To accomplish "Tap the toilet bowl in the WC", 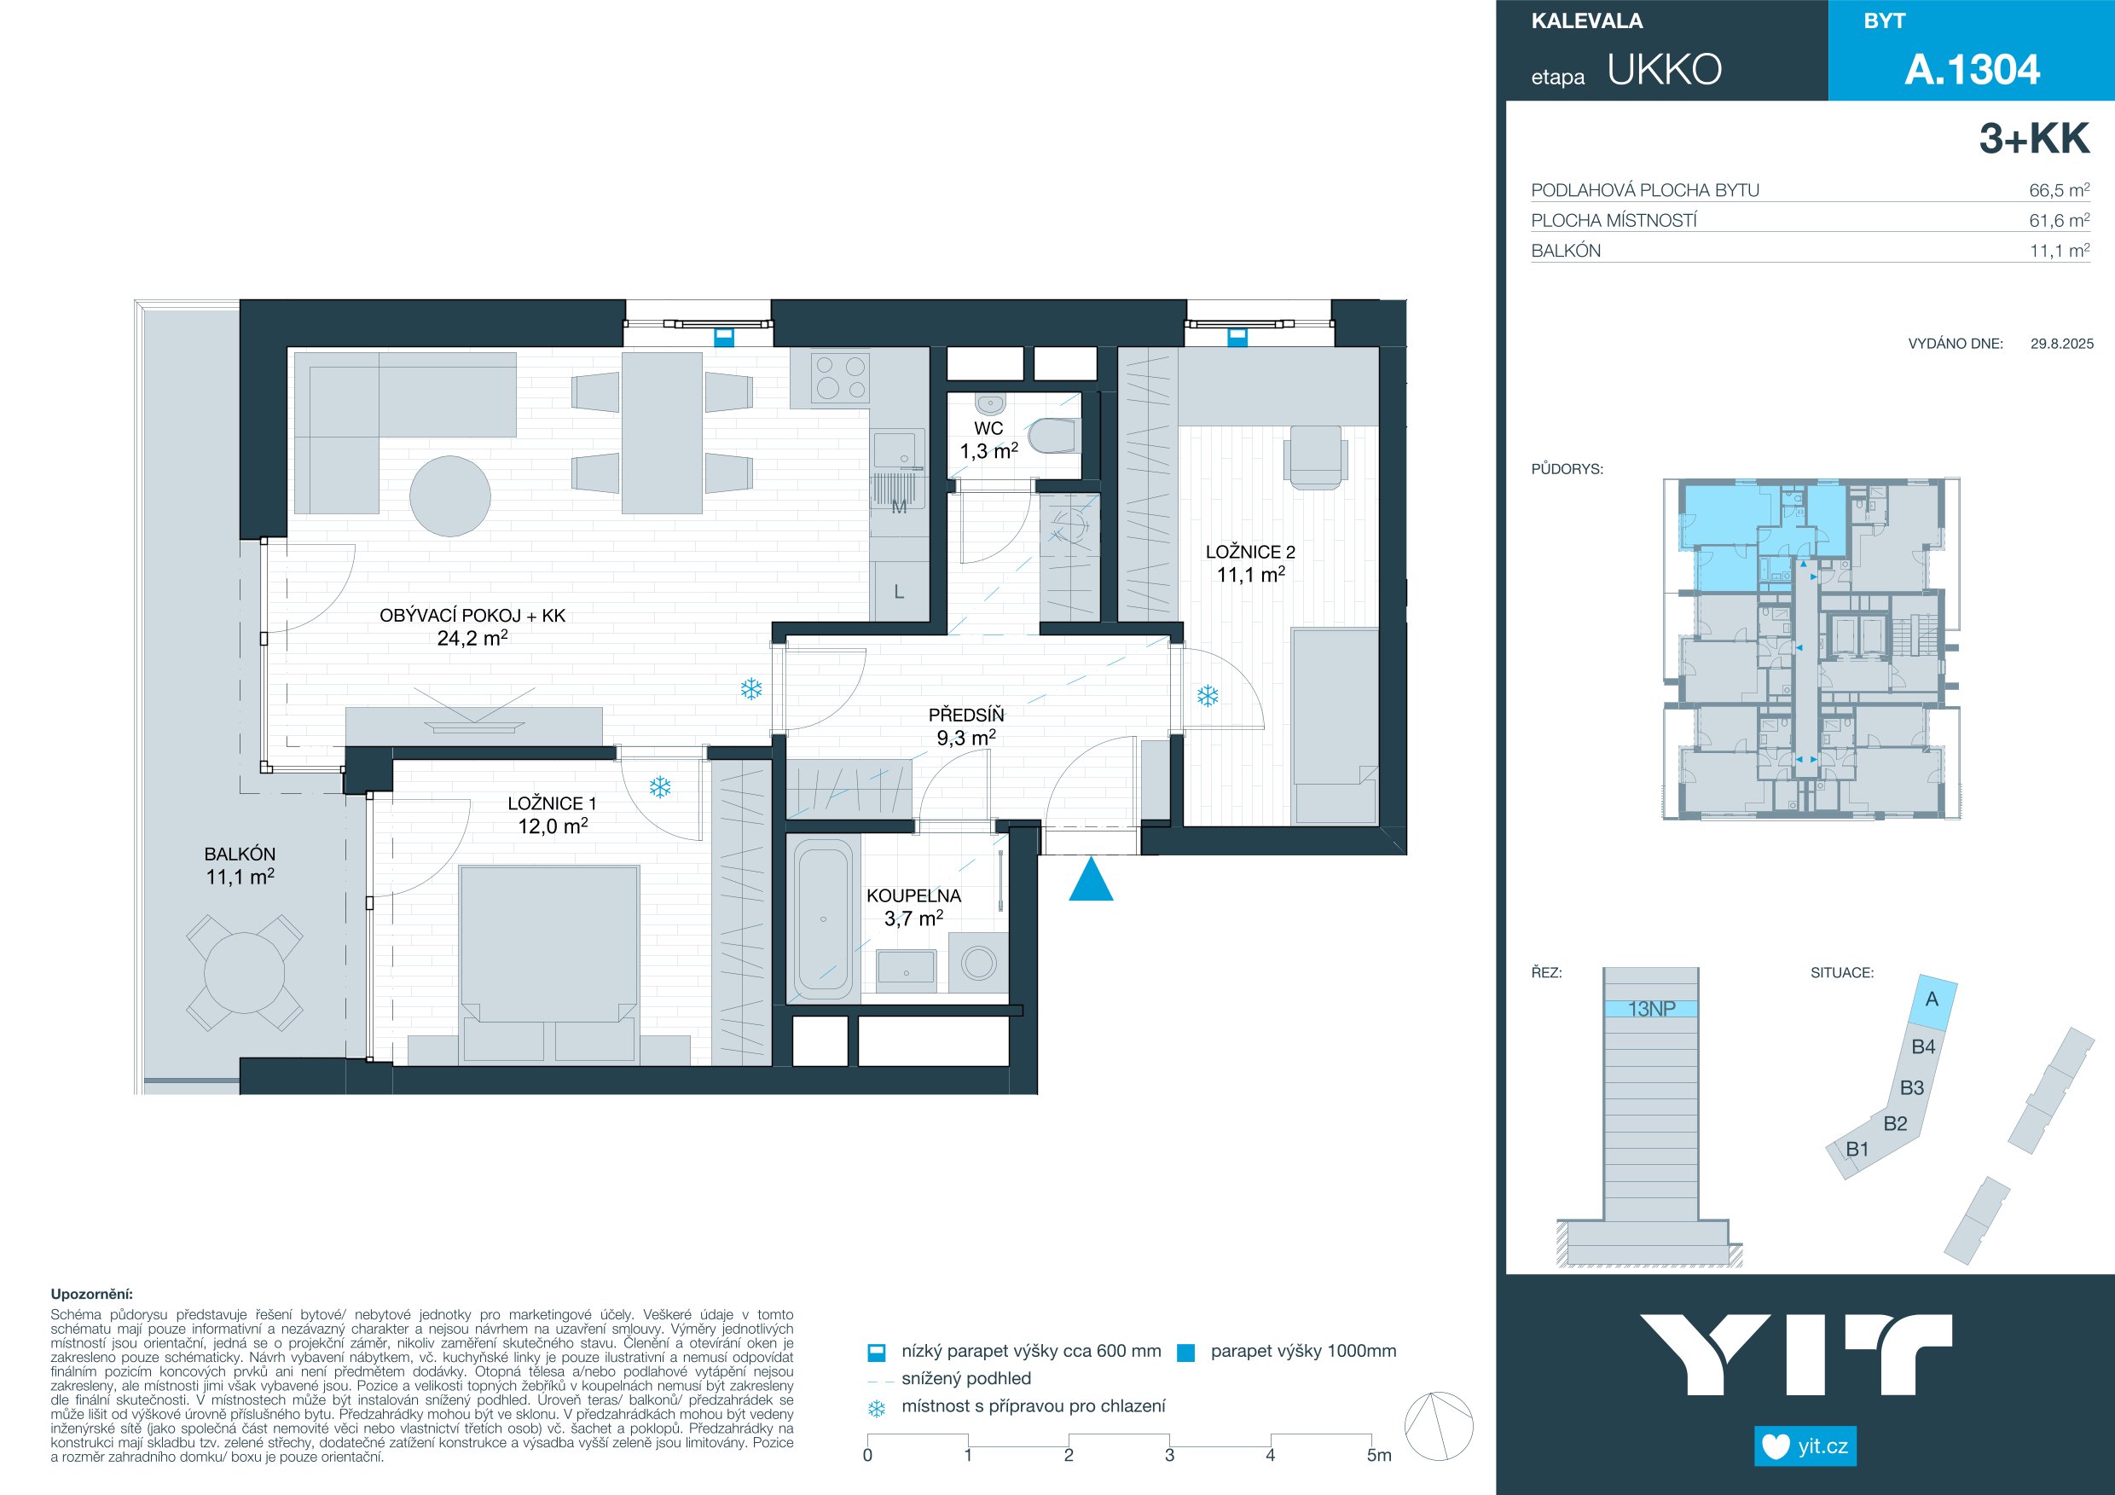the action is point(1053,437).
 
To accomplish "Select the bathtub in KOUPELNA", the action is point(823,918).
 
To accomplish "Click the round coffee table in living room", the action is point(450,496).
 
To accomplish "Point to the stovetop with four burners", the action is point(840,378).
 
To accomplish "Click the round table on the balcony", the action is point(244,973).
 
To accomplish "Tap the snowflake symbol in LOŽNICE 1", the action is point(659,787).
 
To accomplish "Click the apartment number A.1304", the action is point(1973,70).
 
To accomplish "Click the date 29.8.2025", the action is point(2061,344).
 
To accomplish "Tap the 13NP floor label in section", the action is point(1651,1009).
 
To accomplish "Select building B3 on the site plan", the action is point(1911,1088).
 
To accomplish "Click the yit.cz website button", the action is point(1805,1446).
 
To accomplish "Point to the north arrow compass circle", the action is point(1439,1426).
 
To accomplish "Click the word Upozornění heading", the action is point(91,1295).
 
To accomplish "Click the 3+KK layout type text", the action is point(2034,138).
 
